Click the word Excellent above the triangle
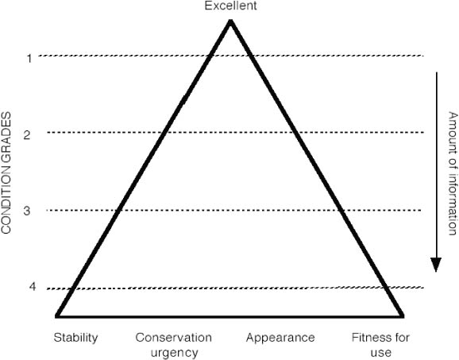coord(230,6)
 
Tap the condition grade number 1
coord(29,59)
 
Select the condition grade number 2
coord(27,135)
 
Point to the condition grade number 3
coord(27,211)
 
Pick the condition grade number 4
coord(33,286)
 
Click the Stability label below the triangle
coord(75,338)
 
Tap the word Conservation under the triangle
coord(174,338)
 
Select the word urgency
coord(175,353)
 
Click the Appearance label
coord(280,338)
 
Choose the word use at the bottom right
coord(381,353)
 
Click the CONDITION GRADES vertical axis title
coord(6,172)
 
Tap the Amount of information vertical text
coord(453,173)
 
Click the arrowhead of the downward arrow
coord(436,265)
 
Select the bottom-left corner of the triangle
coord(57,316)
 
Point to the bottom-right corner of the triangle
coord(403,316)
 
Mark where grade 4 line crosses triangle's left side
coord(72,288)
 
